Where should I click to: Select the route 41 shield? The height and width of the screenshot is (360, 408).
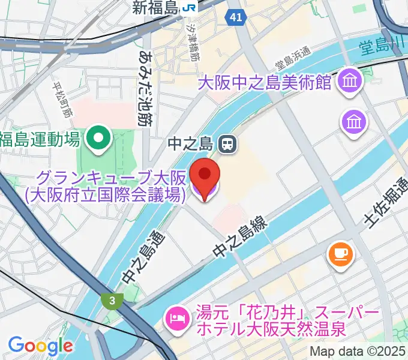(x=235, y=18)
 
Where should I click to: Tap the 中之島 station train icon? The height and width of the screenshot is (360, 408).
(x=227, y=143)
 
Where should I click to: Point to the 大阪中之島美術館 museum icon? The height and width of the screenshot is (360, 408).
(x=349, y=80)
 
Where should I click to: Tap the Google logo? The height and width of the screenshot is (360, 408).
(x=40, y=345)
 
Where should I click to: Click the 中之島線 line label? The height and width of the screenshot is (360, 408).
(x=240, y=236)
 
